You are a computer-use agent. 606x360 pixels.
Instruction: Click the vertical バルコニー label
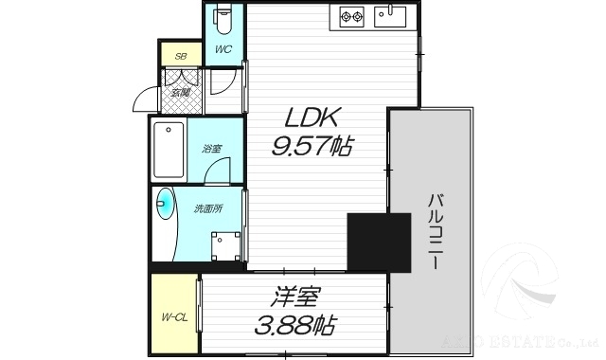click(434, 232)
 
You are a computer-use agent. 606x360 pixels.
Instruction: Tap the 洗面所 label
click(207, 209)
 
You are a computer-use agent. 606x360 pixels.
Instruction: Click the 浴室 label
click(211, 149)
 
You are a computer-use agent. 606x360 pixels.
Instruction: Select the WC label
click(223, 49)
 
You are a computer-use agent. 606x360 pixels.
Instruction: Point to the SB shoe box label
click(179, 56)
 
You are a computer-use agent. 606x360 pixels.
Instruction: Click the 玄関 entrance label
click(180, 92)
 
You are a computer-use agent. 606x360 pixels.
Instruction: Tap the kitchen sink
click(390, 15)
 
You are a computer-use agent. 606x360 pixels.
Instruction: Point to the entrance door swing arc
click(144, 98)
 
